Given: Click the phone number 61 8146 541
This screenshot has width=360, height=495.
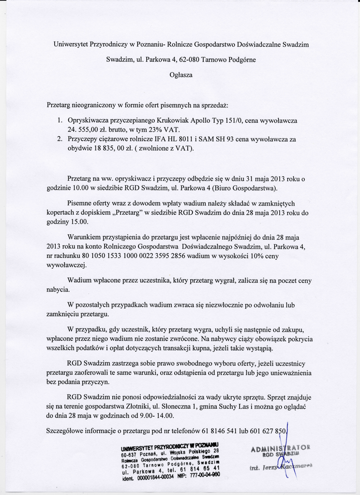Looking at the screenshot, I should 225,430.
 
